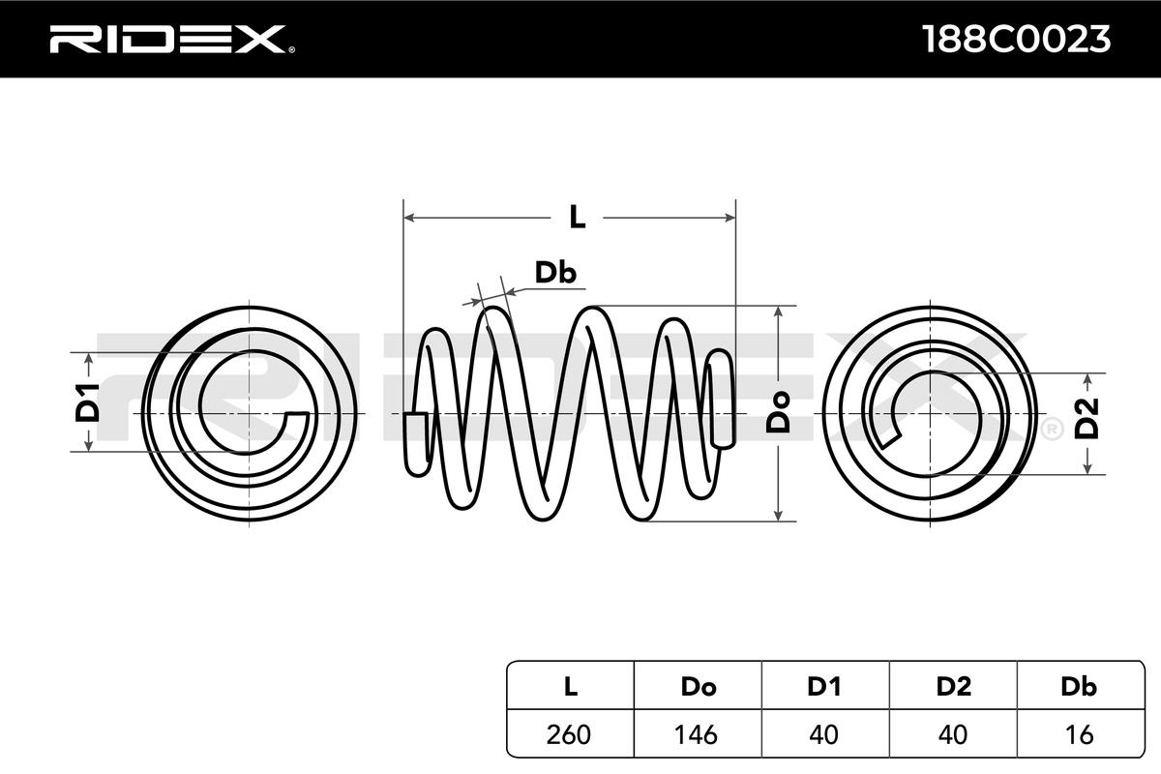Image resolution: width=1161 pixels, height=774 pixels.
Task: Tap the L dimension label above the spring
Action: coord(577,217)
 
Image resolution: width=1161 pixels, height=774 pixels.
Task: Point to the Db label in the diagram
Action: coord(556,274)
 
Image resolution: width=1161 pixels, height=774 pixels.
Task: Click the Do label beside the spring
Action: coord(779,411)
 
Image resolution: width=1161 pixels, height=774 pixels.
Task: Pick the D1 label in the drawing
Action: coord(88,402)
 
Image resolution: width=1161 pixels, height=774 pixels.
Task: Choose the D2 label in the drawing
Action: coord(1089,419)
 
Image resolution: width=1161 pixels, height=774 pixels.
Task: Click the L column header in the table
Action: coord(570,687)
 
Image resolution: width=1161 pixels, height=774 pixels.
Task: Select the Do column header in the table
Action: coord(698,687)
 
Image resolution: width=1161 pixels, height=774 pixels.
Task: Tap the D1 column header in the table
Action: coord(824,687)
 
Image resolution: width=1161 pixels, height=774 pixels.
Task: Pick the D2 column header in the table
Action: coord(953,687)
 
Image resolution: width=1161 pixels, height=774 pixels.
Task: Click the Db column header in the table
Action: coord(1079,687)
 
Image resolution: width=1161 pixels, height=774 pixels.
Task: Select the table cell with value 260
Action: coord(570,734)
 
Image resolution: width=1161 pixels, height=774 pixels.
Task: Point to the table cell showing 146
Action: coord(698,734)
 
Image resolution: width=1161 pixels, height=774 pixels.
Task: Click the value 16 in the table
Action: coord(1079,734)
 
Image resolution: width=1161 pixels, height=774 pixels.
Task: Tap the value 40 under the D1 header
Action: coord(824,734)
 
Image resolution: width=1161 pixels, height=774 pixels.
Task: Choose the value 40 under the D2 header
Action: coord(953,734)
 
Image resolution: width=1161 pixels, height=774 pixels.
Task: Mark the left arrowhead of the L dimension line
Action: coord(408,217)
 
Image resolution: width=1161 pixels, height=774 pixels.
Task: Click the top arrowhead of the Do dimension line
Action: coord(778,313)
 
